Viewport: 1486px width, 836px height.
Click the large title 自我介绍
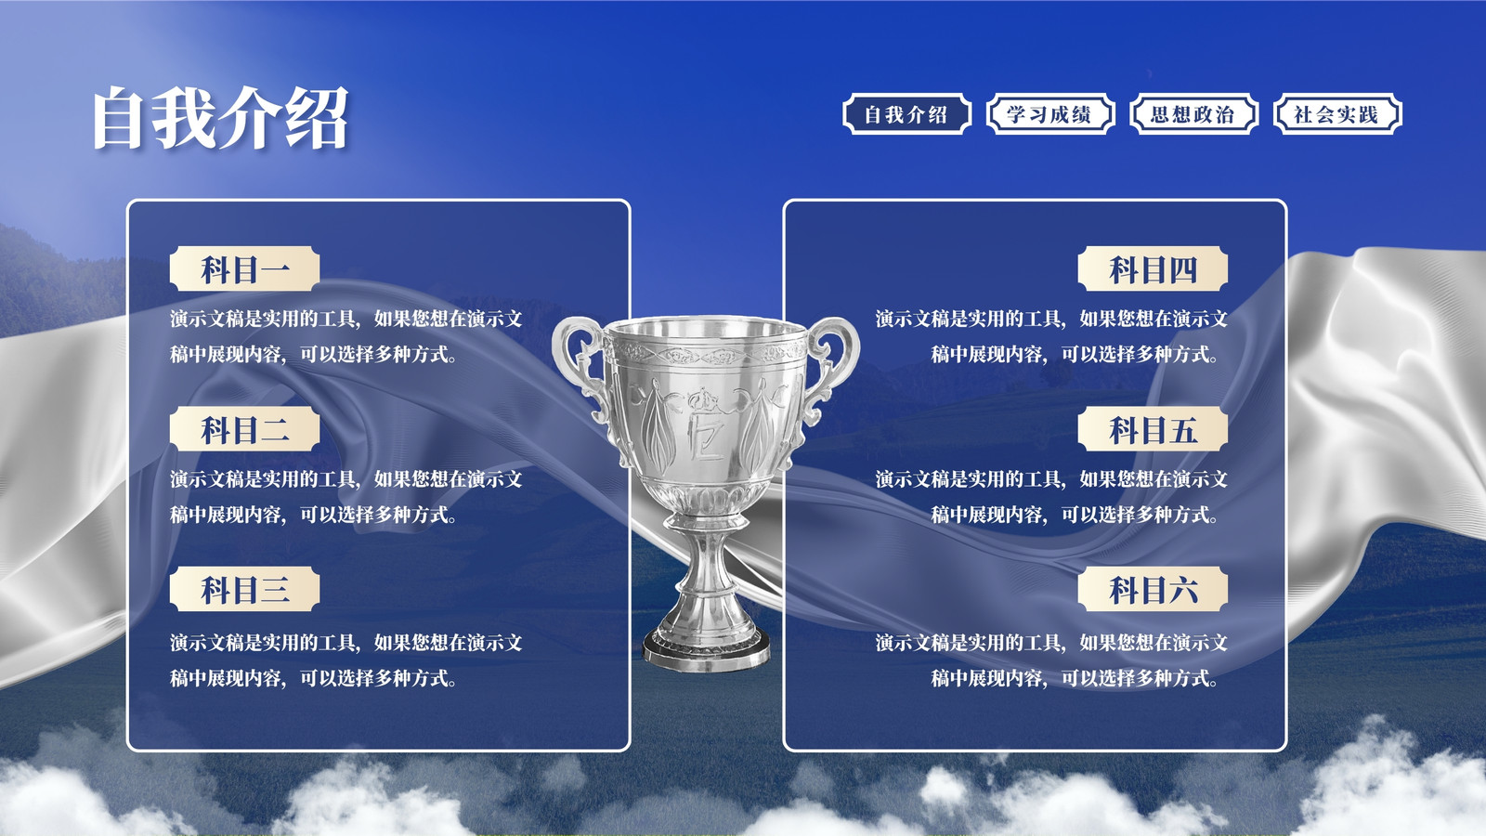point(220,117)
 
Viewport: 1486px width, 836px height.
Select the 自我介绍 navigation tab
point(906,114)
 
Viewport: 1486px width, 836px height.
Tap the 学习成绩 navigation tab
point(1050,114)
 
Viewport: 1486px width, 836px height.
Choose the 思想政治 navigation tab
point(1193,114)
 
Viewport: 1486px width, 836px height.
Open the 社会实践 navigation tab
point(1337,114)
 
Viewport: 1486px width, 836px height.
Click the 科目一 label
point(245,268)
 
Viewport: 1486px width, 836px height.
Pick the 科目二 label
point(245,429)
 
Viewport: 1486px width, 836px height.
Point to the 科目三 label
point(245,589)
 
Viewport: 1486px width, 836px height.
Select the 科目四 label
point(1153,268)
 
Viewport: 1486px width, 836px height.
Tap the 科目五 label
point(1153,429)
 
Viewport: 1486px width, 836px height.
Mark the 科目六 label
point(1153,589)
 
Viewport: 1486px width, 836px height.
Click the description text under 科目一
point(346,336)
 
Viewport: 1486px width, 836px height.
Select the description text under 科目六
point(1051,660)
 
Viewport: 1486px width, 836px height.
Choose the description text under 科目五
point(1051,496)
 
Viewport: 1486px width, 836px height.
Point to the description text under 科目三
point(346,660)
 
